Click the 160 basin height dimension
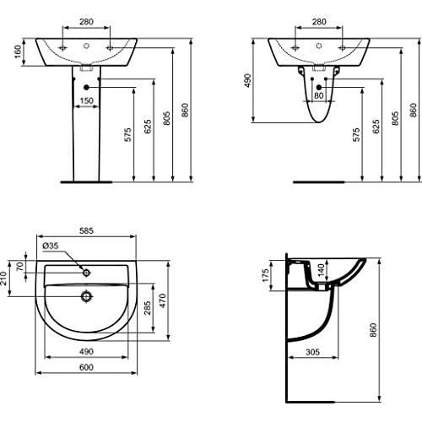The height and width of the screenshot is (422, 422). (x=18, y=51)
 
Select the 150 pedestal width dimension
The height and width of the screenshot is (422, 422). (x=86, y=100)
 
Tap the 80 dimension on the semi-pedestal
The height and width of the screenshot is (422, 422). (x=319, y=95)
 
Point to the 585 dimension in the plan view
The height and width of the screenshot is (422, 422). (x=86, y=230)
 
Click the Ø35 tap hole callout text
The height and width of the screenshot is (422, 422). (x=51, y=246)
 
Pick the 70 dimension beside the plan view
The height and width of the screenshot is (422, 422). (x=19, y=266)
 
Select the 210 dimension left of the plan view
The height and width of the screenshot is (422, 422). (x=3, y=279)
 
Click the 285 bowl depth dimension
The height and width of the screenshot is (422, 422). (x=147, y=308)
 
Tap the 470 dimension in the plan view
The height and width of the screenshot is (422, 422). (x=163, y=300)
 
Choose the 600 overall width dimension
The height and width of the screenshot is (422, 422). (x=86, y=367)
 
